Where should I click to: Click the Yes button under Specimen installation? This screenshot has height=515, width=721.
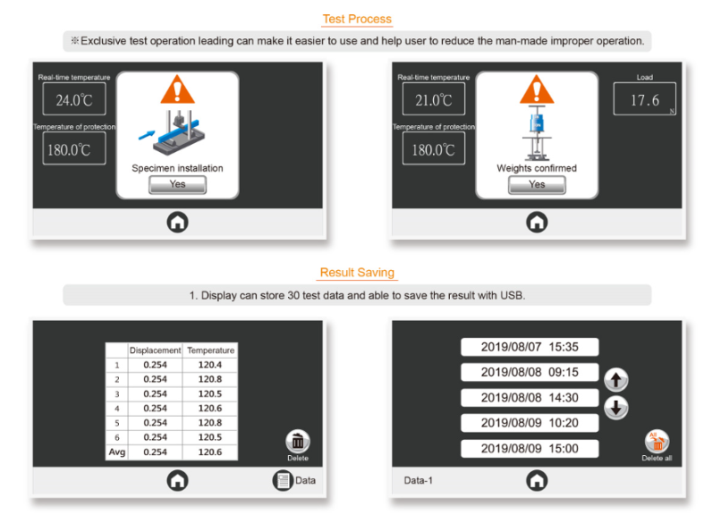coord(177,185)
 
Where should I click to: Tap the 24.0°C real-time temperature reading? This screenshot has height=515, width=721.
coord(74,99)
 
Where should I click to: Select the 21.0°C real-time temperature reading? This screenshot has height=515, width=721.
coord(434,99)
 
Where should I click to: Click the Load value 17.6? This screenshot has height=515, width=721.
coord(645,99)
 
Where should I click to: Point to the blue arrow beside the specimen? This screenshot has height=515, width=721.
coord(147,135)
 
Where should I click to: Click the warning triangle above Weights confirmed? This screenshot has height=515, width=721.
coord(537,89)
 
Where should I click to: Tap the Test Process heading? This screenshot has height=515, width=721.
coord(357,19)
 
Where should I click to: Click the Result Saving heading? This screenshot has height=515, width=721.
coord(357,273)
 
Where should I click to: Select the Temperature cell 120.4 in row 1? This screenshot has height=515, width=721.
coord(210,365)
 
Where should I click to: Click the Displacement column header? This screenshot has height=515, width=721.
coord(155,350)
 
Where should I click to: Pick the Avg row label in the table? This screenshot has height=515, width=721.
coord(117,452)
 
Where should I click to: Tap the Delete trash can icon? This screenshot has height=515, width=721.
coord(298,442)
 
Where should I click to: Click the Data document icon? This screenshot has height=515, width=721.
coord(283,480)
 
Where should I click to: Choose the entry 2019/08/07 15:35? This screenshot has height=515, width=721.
coord(530,347)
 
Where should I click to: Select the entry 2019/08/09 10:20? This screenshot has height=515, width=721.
coord(530,423)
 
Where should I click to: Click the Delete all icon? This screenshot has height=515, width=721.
coord(657,442)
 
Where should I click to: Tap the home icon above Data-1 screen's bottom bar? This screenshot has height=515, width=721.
coord(537,480)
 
